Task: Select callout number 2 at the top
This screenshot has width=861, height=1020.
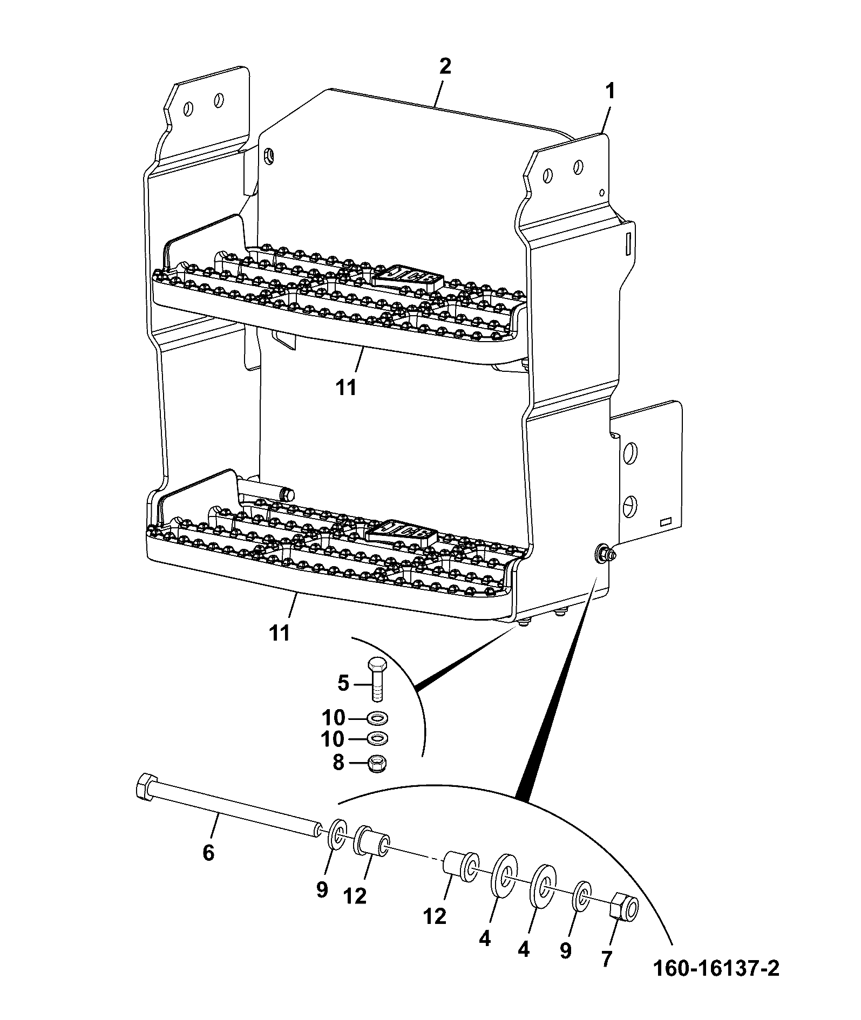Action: coord(445,66)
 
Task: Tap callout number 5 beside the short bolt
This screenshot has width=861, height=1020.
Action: coord(343,683)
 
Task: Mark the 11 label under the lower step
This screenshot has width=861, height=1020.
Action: coord(280,633)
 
